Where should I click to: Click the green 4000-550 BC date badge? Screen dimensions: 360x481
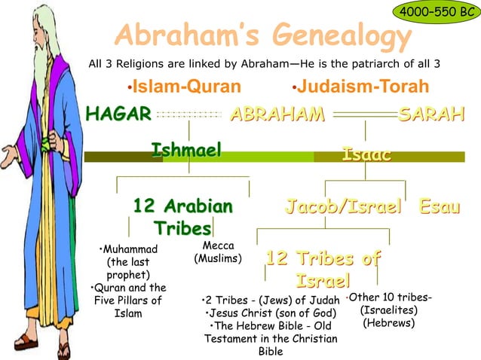[436, 13]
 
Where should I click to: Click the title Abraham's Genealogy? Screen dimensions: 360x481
[263, 35]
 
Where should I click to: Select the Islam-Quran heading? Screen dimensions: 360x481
[184, 87]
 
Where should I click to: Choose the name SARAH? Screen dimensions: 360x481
[431, 114]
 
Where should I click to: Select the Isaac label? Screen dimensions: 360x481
[366, 155]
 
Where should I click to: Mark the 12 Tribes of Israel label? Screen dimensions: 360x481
[322, 270]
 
